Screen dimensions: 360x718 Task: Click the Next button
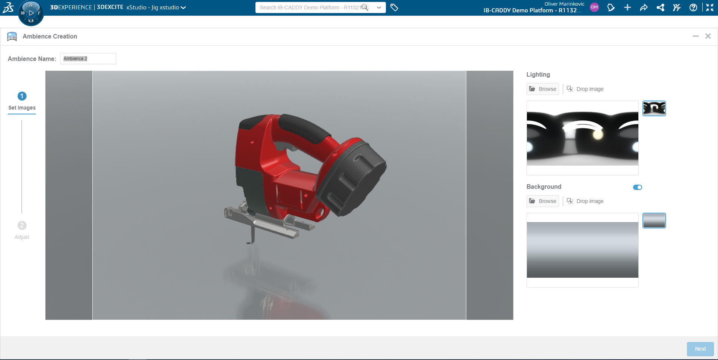coord(700,349)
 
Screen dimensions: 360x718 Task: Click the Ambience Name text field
coord(88,59)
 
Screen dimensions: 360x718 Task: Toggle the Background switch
coord(637,187)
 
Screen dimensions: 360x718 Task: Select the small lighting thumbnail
coord(654,108)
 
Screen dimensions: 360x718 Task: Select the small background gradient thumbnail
coord(654,221)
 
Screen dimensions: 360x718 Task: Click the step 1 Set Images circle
coord(22,96)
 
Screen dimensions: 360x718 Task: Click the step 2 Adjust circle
coord(22,225)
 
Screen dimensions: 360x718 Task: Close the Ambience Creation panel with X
coord(708,36)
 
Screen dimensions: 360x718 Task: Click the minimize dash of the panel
coord(696,36)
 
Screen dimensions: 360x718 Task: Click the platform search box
coord(310,7)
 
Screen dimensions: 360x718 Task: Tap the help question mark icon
coord(693,7)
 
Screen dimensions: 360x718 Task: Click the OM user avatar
coord(594,7)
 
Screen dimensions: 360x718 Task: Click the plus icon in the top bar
coord(628,7)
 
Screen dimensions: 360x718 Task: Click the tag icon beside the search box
coord(394,7)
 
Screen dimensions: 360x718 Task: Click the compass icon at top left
coord(31,13)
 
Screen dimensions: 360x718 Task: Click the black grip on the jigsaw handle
coord(305,129)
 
